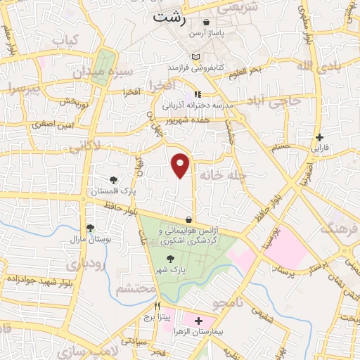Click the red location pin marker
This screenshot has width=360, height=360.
coord(181,165)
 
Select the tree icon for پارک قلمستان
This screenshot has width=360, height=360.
coord(114,180)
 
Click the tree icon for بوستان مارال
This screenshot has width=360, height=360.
coord(90,227)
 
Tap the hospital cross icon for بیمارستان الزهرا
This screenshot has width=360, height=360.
coord(198,321)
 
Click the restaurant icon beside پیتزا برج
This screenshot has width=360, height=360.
coord(157,307)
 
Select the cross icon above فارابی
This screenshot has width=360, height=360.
coord(320,137)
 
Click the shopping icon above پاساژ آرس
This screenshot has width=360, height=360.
coord(205,22)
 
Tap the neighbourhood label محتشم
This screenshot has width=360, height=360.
coord(134,288)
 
